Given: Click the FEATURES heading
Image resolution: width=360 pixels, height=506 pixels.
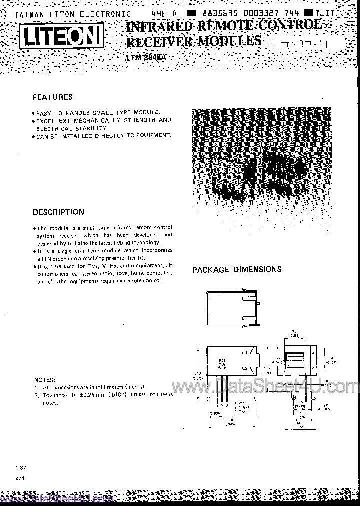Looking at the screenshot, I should (52, 97).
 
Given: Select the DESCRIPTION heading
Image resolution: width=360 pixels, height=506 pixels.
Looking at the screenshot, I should (58, 212).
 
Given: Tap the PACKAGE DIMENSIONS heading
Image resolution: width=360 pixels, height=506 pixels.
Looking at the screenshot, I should (237, 269).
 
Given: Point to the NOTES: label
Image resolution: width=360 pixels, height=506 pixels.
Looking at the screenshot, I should (45, 379).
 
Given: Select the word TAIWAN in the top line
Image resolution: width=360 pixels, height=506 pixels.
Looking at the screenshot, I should (28, 15).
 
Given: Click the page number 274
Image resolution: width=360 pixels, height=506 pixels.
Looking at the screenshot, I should (20, 478).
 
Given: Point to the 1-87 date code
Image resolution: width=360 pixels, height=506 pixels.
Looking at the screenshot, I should (20, 467).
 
